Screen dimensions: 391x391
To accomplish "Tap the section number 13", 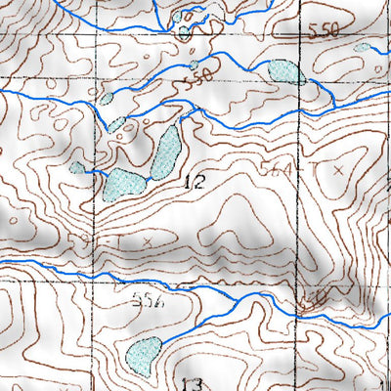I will click(x=192, y=382).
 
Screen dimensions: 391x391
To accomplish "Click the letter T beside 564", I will click(x=315, y=169).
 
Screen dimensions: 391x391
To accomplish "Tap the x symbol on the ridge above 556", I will click(x=148, y=239).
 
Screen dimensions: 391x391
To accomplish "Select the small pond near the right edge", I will click(x=363, y=47).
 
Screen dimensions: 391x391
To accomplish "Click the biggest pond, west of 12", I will click(x=124, y=183).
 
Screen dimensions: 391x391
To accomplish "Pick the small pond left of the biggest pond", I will click(x=77, y=167).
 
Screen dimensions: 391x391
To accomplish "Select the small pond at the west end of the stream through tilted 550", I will click(x=107, y=98).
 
